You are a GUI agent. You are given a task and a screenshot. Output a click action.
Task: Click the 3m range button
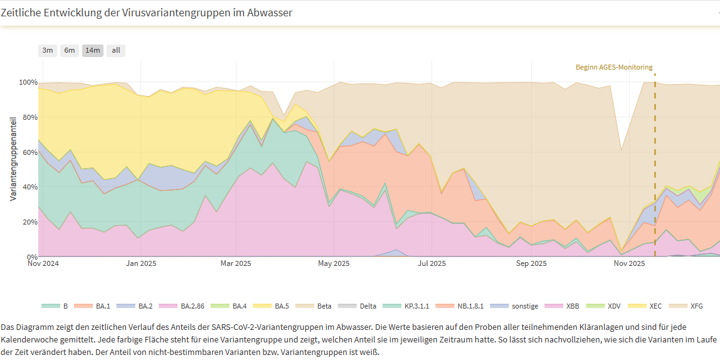[x=48, y=50]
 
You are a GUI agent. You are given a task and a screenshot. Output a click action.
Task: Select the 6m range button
[x=70, y=50]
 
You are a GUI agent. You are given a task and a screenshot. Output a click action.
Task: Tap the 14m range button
[x=93, y=50]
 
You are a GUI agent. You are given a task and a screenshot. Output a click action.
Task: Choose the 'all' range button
[x=116, y=50]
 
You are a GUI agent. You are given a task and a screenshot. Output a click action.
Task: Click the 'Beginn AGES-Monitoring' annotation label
[x=614, y=67]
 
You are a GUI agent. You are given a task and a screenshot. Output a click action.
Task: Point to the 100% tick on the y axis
[x=29, y=83]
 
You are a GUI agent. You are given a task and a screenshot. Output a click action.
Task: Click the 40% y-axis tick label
[x=30, y=188]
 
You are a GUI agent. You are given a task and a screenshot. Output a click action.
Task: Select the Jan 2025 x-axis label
[x=140, y=263]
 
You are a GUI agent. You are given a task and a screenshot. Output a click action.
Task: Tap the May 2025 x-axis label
[x=334, y=263]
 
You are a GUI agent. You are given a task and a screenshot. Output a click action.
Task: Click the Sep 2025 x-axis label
[x=531, y=263]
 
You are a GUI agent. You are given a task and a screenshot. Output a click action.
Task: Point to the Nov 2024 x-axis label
[x=43, y=263]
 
